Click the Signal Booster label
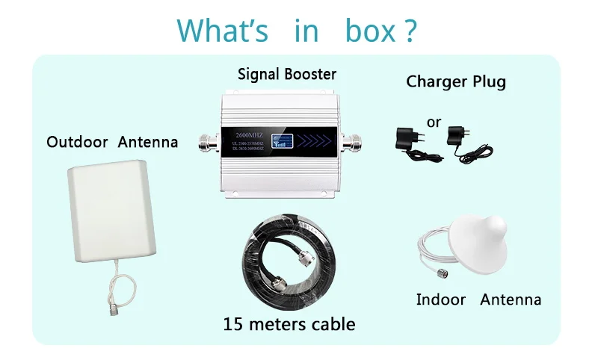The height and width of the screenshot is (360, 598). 287,74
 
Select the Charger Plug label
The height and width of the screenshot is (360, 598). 456,81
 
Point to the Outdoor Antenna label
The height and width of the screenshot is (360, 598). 112,141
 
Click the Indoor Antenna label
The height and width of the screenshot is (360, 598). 478,300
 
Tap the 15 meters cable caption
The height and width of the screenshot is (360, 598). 289,323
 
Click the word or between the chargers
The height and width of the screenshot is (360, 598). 434,122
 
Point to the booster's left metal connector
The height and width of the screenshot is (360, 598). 209,140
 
